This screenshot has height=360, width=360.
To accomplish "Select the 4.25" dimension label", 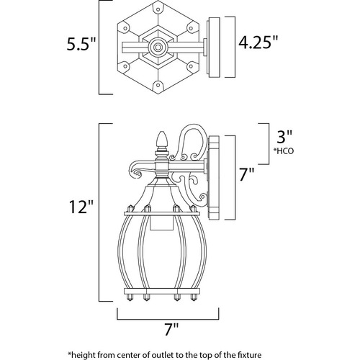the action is (x=258, y=42).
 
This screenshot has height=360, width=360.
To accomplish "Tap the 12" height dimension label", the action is (x=81, y=207).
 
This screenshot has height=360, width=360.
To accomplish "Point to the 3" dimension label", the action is (x=284, y=137).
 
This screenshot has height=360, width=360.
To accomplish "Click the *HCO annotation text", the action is (x=284, y=151).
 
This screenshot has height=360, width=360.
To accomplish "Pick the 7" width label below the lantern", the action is (x=171, y=330).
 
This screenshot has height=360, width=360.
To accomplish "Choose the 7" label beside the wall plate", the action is (x=246, y=175).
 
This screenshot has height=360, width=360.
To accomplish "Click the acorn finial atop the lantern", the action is (x=162, y=140).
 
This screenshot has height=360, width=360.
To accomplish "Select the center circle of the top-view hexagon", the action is (x=158, y=47).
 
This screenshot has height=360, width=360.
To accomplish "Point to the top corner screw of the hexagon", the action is (x=158, y=9).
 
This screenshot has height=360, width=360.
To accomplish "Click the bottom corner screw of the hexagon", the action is (x=158, y=84).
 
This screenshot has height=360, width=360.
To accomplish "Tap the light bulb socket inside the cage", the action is (x=158, y=221).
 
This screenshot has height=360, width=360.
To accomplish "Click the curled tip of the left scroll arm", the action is (x=138, y=174).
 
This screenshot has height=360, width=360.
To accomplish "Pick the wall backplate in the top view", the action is (x=214, y=47).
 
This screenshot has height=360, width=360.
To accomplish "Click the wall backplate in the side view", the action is (x=214, y=178).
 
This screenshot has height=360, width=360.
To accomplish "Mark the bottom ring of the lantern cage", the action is (x=162, y=292).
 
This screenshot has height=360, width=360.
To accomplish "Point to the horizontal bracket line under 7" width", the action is (x=168, y=320).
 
